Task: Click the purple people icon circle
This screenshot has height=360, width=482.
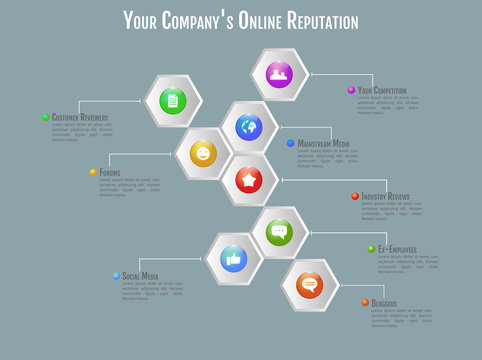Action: point(279,74)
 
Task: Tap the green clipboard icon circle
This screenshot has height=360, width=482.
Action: point(173,101)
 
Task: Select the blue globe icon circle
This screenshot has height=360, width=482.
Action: point(248,127)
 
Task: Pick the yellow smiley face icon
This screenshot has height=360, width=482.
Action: point(203,153)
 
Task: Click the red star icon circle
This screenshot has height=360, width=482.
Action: point(248,180)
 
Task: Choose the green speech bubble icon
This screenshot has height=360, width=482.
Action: point(279,232)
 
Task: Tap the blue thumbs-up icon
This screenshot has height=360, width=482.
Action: point(234,259)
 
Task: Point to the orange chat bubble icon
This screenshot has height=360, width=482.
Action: point(309,285)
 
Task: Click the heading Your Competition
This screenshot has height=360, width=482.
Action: point(382,90)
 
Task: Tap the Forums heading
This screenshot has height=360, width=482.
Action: point(111,172)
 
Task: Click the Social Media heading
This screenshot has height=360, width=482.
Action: point(141,276)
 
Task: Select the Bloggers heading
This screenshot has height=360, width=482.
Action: point(384,303)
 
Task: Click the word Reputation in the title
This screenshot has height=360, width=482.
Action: point(316,20)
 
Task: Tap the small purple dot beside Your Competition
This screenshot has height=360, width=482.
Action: point(351,90)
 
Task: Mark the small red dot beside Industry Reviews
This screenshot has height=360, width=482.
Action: point(355,196)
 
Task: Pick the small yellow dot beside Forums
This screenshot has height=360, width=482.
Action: point(93,172)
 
